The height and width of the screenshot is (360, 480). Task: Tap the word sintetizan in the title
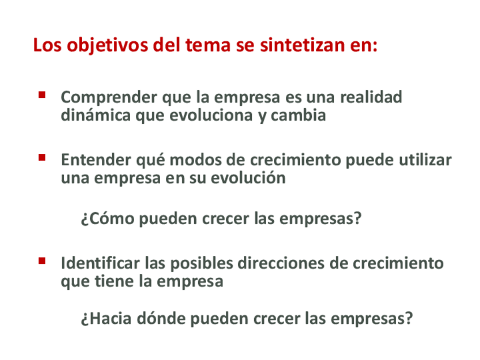tap(302, 45)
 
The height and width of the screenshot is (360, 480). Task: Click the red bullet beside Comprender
tap(42, 95)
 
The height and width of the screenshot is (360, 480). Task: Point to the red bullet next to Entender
tap(42, 158)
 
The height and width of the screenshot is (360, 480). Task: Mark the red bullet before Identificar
tap(42, 261)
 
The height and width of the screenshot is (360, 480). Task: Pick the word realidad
tap(371, 97)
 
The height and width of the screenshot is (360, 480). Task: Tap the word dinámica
tap(96, 115)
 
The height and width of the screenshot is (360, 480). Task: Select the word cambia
tap(298, 115)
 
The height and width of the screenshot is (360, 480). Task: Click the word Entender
tap(96, 160)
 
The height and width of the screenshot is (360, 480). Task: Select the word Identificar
tap(100, 263)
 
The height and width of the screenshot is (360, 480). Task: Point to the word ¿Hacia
tap(106, 319)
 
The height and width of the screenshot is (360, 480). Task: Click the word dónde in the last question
tap(161, 318)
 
